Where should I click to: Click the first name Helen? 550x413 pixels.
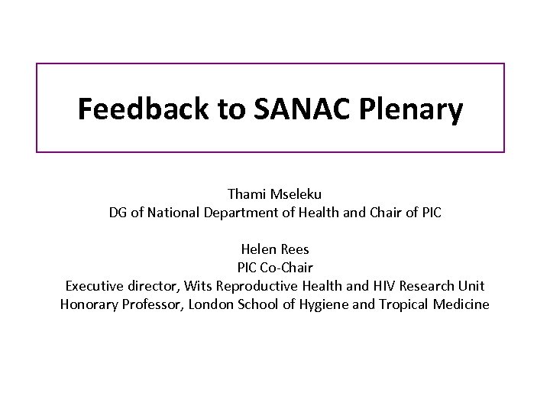click(257, 249)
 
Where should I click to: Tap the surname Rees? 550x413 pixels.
click(293, 249)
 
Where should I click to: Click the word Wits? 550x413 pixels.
click(190, 287)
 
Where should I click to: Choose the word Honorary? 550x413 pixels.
click(89, 305)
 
